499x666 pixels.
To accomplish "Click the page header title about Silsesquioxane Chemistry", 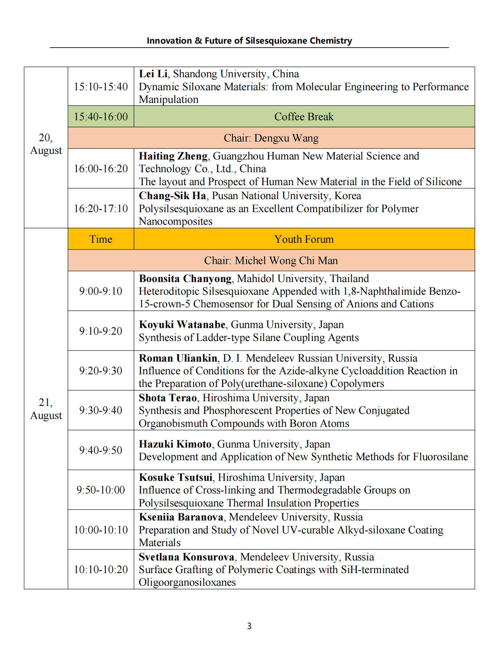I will pos(249,41).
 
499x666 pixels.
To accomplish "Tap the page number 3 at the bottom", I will pos(249,626).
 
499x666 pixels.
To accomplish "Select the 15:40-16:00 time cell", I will pos(101,117).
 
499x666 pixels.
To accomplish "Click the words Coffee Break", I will pos(304,117).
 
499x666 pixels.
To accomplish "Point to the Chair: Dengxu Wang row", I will pos(271,138).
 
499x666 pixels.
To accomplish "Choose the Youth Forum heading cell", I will pos(304,239).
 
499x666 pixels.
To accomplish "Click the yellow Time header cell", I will pos(101,239).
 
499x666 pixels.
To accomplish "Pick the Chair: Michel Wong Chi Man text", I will pos(271,260).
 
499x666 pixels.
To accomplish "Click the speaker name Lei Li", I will pos(153,74).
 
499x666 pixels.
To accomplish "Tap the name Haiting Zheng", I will pos(173,156).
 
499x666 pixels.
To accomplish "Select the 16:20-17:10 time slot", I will pos(101,208).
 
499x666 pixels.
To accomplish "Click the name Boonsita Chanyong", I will pos(185,278).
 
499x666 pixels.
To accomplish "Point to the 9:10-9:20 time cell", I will pos(101,331).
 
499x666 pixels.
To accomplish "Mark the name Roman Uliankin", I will pos(178,358).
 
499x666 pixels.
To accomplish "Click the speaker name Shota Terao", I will pos(168,398).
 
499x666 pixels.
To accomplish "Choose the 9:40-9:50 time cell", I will pos(101,450).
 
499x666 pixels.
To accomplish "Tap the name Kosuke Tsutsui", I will pos(176,477).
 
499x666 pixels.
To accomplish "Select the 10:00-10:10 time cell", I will pos(101,530).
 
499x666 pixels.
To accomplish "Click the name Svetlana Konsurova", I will pos(187,557).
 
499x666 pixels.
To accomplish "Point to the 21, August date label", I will pos(46,409).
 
